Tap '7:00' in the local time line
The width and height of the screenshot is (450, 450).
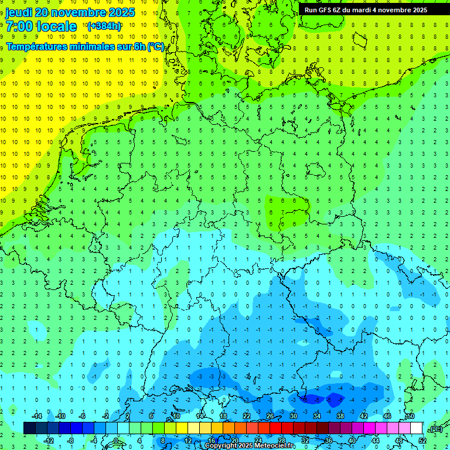[19, 26]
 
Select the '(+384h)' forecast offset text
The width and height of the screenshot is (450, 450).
[104, 26]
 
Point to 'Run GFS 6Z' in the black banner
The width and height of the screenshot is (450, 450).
[322, 10]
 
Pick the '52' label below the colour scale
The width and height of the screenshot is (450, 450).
[422, 440]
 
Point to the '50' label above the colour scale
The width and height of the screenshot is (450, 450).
[411, 416]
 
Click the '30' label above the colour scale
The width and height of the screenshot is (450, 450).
[294, 416]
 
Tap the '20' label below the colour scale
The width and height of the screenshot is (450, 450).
[235, 440]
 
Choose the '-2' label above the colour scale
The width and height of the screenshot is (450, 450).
[106, 416]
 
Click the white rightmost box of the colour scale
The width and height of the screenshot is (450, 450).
[417, 428]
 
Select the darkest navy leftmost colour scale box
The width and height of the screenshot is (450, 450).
[30, 428]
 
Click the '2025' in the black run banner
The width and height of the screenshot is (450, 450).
[420, 10]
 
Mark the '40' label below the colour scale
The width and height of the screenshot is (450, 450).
[352, 440]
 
